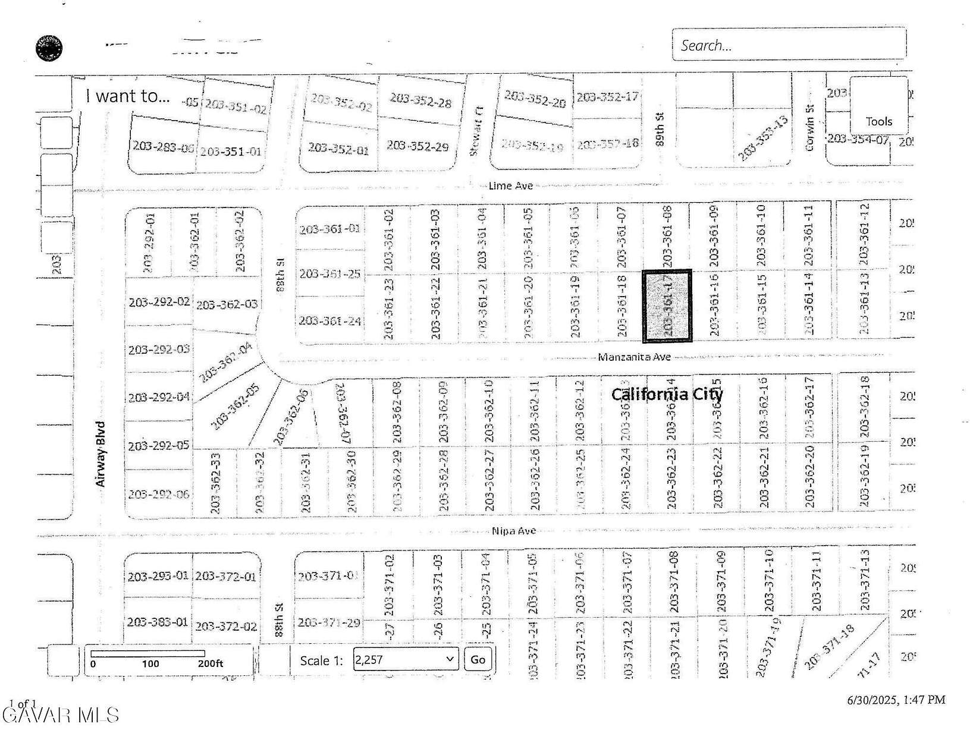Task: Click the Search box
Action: [789, 45]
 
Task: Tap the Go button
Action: [478, 659]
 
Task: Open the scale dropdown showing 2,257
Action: [406, 659]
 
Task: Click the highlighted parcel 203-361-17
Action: [667, 306]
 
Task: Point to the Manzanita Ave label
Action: [634, 357]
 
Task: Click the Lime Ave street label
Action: [510, 185]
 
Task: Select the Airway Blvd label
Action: [101, 454]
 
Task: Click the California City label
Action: [667, 394]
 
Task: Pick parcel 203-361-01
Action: [329, 228]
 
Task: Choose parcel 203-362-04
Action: [225, 362]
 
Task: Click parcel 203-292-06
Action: [158, 494]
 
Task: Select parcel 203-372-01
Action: [226, 576]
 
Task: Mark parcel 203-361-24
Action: [329, 321]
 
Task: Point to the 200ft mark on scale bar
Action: [211, 664]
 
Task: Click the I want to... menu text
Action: [128, 96]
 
